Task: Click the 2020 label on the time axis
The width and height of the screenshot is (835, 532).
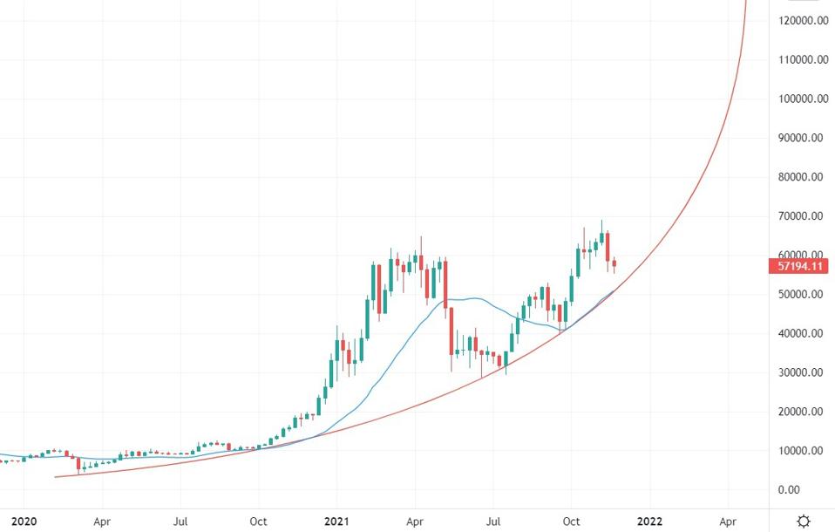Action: [24, 521]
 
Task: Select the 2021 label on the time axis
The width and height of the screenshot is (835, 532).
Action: [336, 521]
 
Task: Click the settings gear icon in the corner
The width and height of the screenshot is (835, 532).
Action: [803, 521]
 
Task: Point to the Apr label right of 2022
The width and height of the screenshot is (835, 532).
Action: [727, 521]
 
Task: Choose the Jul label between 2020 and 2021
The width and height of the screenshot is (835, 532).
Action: [181, 521]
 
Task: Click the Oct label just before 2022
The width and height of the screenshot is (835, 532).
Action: [572, 521]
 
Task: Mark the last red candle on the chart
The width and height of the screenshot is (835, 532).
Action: [614, 263]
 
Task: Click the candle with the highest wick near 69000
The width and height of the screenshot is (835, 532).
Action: [601, 238]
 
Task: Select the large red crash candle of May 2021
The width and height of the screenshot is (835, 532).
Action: [445, 283]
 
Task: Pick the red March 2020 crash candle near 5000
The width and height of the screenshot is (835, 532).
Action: [78, 464]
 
